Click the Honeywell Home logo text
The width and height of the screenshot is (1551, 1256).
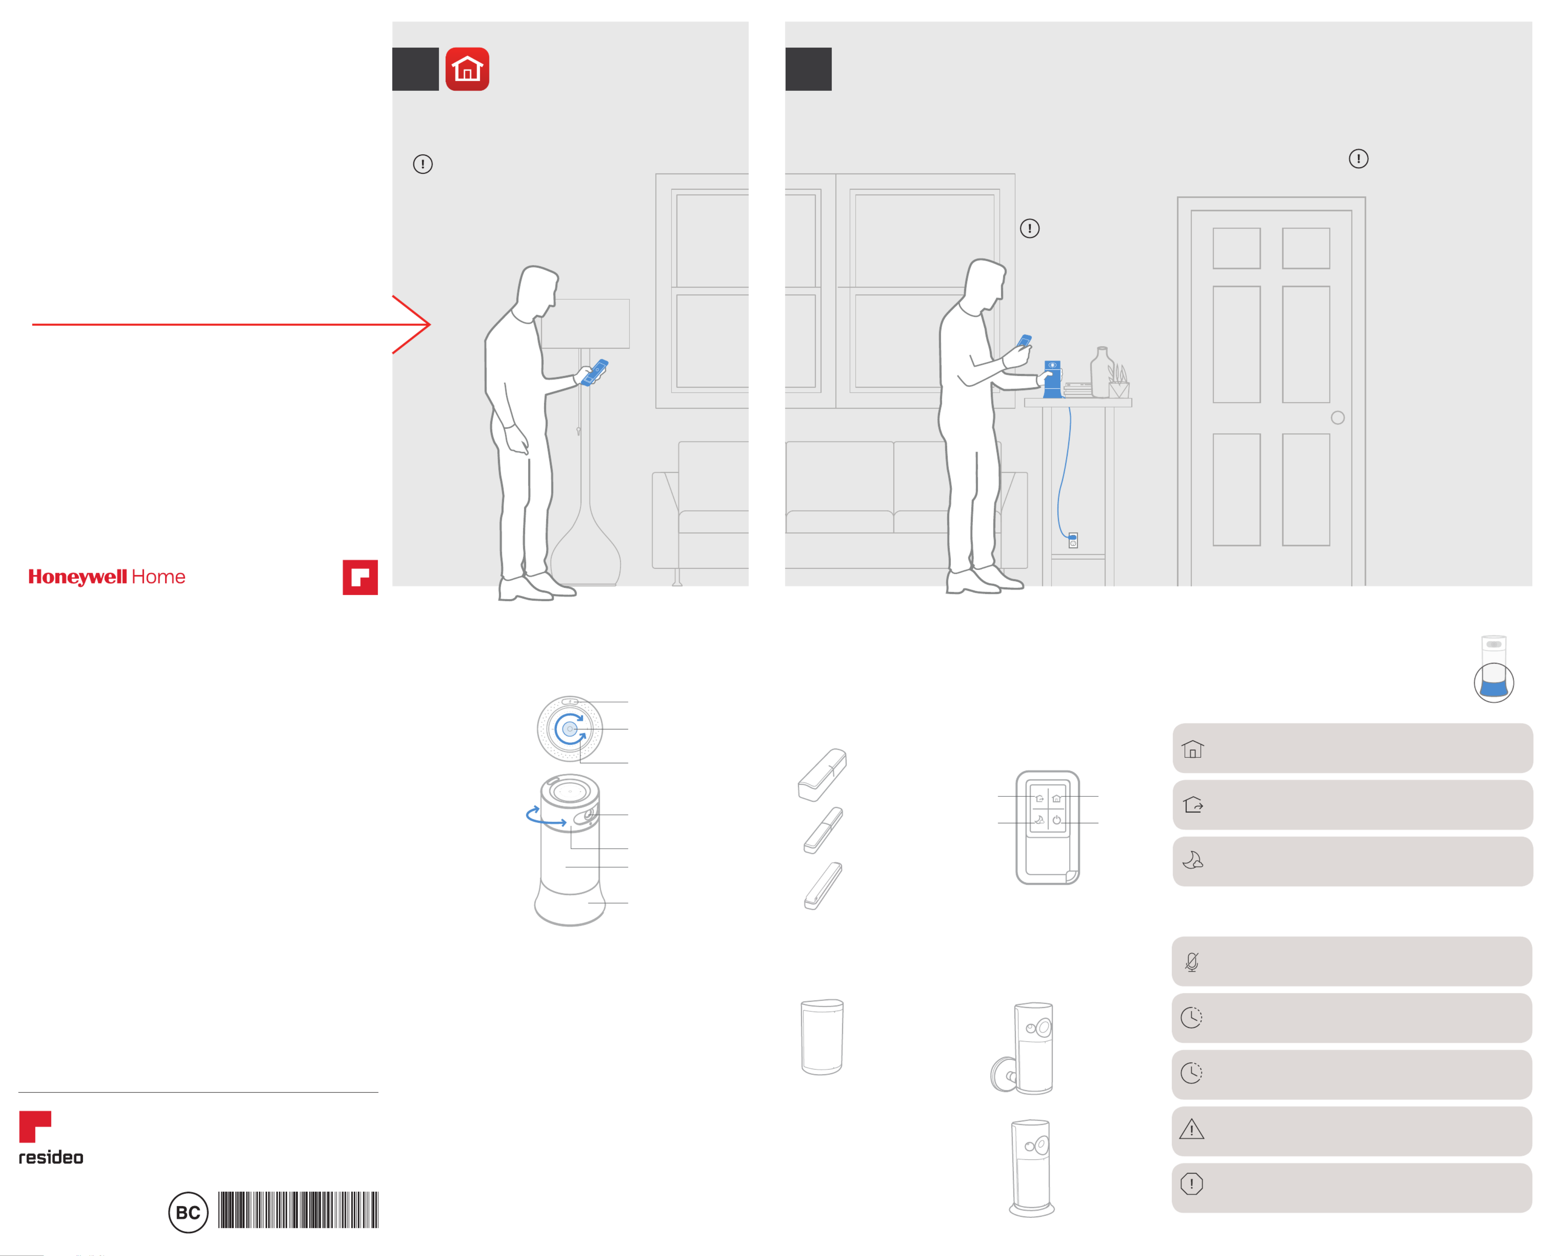[x=107, y=577]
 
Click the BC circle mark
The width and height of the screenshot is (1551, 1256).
[x=188, y=1213]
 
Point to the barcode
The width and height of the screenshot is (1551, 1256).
[x=298, y=1210]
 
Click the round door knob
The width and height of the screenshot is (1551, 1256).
[x=1338, y=417]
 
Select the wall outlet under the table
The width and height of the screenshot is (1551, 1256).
[x=1073, y=540]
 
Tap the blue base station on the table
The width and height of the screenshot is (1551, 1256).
[x=1053, y=379]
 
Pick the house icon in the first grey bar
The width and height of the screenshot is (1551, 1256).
[x=1193, y=749]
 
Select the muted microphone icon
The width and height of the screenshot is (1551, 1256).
[x=1191, y=962]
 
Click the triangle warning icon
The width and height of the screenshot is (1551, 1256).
[x=1191, y=1129]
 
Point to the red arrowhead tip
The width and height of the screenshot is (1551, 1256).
[x=430, y=324]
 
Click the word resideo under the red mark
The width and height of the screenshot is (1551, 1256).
[x=51, y=1158]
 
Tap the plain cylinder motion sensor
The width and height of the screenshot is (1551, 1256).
[x=823, y=1037]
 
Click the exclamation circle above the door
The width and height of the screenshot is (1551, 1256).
[x=1359, y=158]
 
